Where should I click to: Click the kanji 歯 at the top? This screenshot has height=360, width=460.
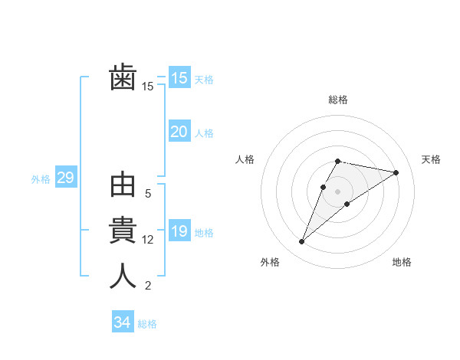123,78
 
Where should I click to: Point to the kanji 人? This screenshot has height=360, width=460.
123,276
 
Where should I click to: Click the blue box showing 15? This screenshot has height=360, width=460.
179,78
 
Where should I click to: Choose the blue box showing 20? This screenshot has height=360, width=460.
179,132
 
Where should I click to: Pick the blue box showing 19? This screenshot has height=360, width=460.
179,231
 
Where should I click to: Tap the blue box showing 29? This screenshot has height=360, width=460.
65,178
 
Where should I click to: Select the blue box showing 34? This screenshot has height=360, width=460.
122,322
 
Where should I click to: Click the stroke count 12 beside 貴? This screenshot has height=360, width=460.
148,240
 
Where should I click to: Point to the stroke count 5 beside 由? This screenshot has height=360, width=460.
148,195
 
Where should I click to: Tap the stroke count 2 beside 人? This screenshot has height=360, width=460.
148,286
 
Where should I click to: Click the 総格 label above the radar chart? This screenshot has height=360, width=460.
338,100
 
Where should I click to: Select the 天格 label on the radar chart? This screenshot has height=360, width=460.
431,159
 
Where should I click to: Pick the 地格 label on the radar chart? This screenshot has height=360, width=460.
402,262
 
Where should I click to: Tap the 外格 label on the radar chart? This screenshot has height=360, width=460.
270,262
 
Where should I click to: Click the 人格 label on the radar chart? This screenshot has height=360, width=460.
245,159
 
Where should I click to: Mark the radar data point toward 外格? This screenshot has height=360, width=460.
302,242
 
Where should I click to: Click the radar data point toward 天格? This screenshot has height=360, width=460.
396,173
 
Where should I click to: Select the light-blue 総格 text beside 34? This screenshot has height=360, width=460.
147,323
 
